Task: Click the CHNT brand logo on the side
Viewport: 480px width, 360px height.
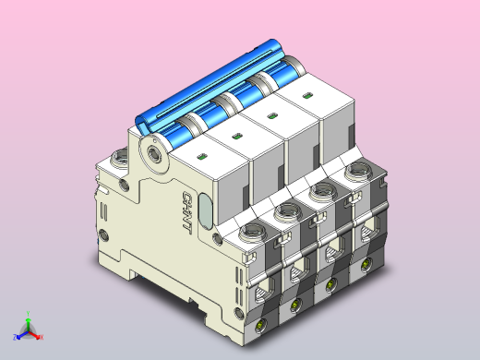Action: [x=186, y=211]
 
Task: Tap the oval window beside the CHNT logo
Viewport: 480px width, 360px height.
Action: [x=207, y=208]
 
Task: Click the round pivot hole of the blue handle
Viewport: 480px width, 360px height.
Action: [x=153, y=150]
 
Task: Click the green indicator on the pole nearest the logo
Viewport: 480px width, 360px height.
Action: [x=203, y=157]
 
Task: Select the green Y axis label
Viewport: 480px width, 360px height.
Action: [x=30, y=314]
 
